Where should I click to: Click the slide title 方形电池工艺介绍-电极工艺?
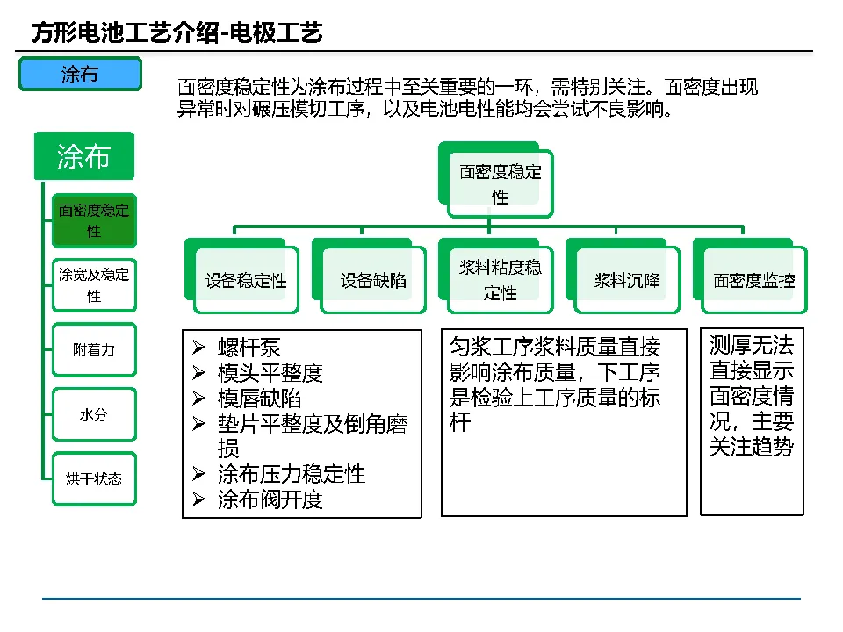tap(177, 33)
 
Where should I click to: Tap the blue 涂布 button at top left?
tap(80, 75)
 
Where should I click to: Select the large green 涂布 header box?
tap(83, 157)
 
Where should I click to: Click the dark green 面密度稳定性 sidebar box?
tap(94, 220)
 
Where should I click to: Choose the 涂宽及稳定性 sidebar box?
tap(94, 284)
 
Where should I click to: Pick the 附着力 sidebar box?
tap(94, 349)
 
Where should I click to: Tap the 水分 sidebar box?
tap(94, 414)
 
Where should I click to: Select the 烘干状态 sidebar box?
tap(94, 479)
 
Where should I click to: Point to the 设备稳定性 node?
tap(246, 281)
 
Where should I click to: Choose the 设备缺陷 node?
tap(373, 281)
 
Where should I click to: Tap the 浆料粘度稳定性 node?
tap(500, 280)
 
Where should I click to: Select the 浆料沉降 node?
tap(627, 281)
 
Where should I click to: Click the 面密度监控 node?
tap(753, 281)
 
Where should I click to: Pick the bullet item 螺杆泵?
tap(249, 347)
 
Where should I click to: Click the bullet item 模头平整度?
tap(270, 372)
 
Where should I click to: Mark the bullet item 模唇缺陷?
tap(260, 398)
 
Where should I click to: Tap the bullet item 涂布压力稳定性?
tap(292, 475)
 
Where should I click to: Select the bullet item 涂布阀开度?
tap(270, 500)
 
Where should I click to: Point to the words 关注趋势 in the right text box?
tap(752, 447)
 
